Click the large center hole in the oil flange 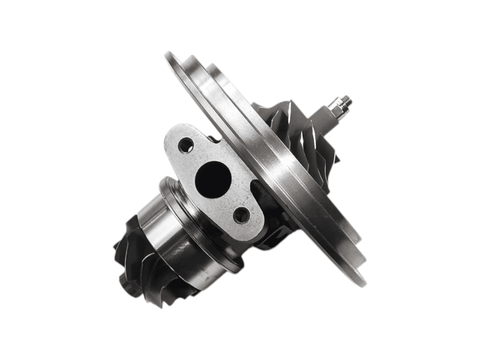[x=212, y=180]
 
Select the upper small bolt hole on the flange [x=187, y=145]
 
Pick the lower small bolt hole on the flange [x=241, y=214]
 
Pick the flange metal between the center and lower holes [x=229, y=199]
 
